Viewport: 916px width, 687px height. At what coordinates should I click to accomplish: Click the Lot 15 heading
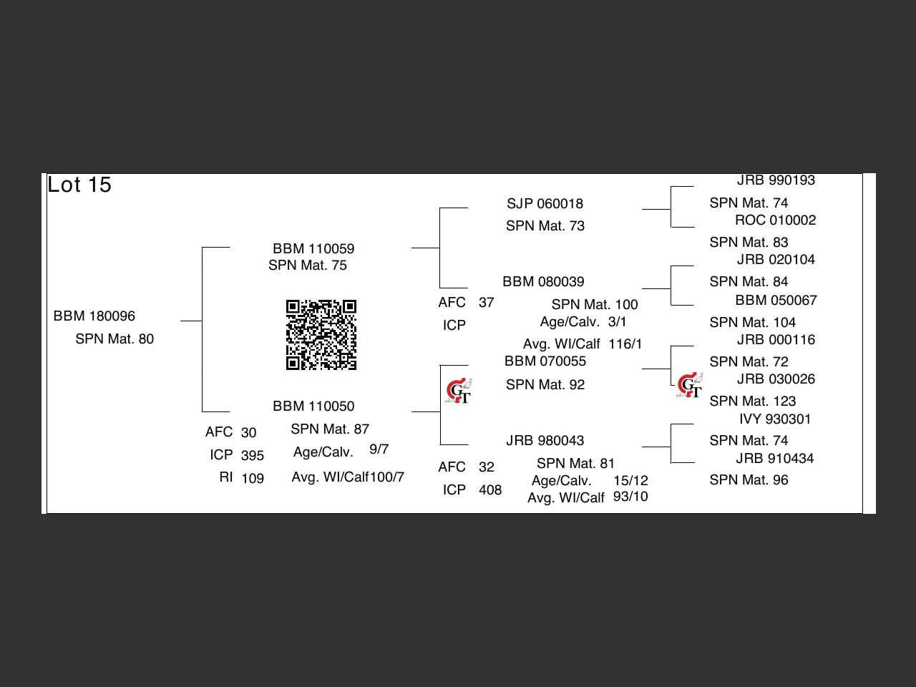pyautogui.click(x=79, y=185)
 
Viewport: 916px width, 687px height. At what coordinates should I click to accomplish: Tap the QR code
pyautogui.click(x=321, y=334)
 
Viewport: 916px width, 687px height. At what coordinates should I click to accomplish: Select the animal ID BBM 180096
pyautogui.click(x=94, y=316)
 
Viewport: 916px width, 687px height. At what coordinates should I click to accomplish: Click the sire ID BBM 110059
pyautogui.click(x=313, y=248)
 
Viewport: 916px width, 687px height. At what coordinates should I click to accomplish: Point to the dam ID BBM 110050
pyautogui.click(x=313, y=406)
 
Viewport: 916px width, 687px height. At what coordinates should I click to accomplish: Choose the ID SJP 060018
pyautogui.click(x=545, y=203)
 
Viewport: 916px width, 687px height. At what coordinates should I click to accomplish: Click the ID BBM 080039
pyautogui.click(x=543, y=281)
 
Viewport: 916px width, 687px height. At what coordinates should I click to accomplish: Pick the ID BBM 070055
pyautogui.click(x=545, y=361)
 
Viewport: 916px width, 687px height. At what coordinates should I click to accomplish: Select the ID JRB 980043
pyautogui.click(x=545, y=441)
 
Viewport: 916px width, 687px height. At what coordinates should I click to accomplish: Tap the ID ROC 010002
pyautogui.click(x=775, y=220)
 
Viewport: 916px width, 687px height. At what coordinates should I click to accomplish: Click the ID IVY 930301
pyautogui.click(x=775, y=419)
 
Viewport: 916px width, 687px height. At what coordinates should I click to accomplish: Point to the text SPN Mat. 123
pyautogui.click(x=752, y=401)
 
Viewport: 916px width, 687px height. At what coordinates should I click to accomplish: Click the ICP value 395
pyautogui.click(x=253, y=455)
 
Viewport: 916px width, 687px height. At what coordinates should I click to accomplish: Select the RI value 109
pyautogui.click(x=253, y=478)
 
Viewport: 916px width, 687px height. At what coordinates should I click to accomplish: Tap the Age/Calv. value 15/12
pyautogui.click(x=630, y=480)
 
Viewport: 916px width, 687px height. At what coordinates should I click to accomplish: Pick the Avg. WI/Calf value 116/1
pyautogui.click(x=625, y=343)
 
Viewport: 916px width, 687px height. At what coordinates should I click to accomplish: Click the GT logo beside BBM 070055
pyautogui.click(x=459, y=391)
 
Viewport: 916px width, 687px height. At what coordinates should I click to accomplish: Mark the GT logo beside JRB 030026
pyautogui.click(x=689, y=384)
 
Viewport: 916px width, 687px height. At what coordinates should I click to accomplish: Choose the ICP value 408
pyautogui.click(x=490, y=489)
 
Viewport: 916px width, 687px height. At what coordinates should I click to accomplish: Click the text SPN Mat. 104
pyautogui.click(x=752, y=323)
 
